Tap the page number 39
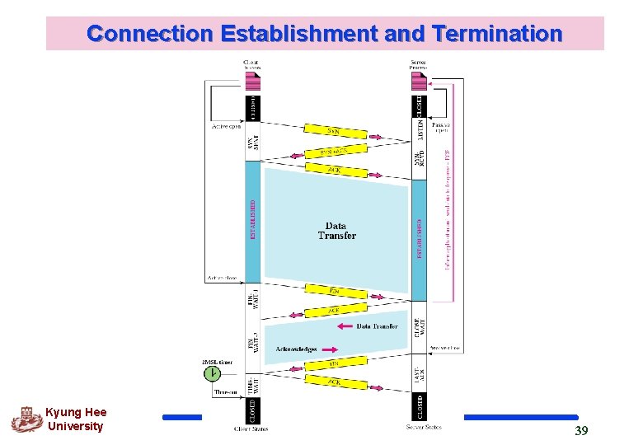click(581, 430)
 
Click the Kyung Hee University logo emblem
click(26, 419)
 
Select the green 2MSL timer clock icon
click(213, 373)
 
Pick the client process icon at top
click(252, 80)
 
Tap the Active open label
click(226, 127)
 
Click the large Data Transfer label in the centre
click(336, 231)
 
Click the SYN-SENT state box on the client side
click(252, 143)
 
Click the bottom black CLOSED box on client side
click(253, 410)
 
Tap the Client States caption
click(251, 429)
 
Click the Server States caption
click(424, 427)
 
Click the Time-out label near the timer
click(225, 393)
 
